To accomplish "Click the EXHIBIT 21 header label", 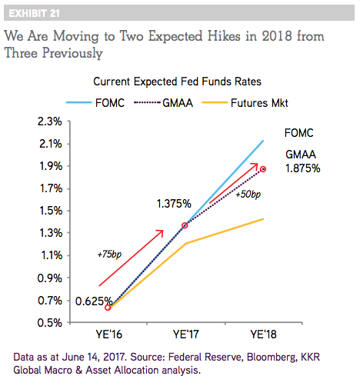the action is coord(34,13).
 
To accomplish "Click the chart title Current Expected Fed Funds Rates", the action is coord(177,82).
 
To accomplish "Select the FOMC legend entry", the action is coord(95,103).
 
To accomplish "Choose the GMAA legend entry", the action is coord(163,103).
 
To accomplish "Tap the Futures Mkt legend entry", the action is coord(245,103).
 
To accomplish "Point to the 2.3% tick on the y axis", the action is coord(50,121).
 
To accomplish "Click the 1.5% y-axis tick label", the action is coord(51,211).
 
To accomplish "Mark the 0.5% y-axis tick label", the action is coord(50,322).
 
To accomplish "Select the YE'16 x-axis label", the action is coord(108,334).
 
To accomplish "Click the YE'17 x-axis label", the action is coord(186,334).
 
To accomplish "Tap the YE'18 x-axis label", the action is coord(263,334).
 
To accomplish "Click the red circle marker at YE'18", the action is coord(263,169).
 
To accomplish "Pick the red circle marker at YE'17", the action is coord(185,225).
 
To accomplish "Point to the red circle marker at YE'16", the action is coord(108,308).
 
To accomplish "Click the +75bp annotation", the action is coord(109,255).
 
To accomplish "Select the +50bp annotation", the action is coord(248,195).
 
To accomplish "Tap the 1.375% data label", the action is coord(174,204).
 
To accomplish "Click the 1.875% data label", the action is coord(303,168).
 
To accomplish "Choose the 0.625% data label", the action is coord(94,301).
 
